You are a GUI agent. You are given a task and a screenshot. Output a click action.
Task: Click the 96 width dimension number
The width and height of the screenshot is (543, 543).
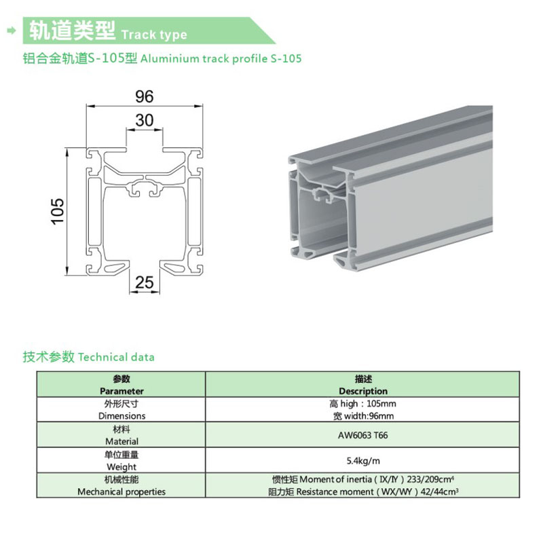click(145, 96)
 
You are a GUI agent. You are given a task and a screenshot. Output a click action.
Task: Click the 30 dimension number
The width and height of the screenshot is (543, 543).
click(145, 121)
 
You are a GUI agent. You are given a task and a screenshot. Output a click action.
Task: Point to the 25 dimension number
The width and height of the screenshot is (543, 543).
click(145, 283)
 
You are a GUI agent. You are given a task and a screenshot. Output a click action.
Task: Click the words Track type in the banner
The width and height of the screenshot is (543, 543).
click(153, 35)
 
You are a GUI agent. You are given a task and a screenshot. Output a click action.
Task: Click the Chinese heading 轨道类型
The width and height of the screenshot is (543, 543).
click(72, 31)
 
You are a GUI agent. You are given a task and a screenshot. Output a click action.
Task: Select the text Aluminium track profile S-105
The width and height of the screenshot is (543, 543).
click(221, 59)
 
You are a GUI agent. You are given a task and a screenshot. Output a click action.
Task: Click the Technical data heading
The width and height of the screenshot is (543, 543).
click(117, 357)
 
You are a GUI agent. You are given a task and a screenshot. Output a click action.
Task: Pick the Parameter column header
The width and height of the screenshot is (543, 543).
click(121, 391)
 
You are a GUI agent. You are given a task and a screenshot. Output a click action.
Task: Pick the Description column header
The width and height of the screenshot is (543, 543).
click(363, 391)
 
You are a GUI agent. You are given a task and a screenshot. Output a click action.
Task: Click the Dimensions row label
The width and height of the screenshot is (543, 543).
click(121, 415)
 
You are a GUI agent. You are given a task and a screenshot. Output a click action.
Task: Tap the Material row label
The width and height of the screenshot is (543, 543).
click(121, 441)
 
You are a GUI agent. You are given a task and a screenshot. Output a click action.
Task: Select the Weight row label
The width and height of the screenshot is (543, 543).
click(121, 466)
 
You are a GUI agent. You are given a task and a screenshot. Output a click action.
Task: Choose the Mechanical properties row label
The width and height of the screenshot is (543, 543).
click(121, 491)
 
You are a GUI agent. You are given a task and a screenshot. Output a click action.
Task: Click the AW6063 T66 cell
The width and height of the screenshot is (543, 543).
click(363, 435)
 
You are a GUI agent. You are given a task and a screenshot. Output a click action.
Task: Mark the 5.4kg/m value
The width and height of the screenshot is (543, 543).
click(363, 460)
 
